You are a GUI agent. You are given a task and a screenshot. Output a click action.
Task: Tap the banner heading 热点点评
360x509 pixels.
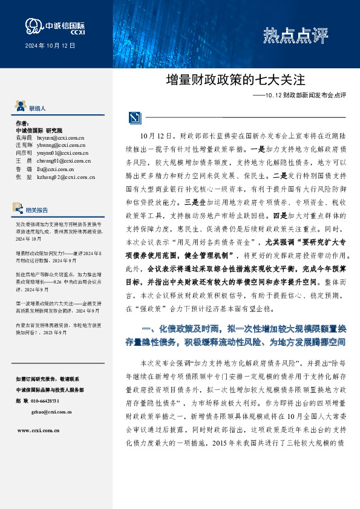(295, 36)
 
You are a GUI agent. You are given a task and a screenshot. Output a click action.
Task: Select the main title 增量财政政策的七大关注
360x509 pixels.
(234, 79)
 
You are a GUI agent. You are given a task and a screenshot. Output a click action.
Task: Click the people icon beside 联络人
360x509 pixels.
(20, 108)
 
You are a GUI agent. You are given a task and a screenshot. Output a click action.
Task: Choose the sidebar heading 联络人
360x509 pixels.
(37, 108)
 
